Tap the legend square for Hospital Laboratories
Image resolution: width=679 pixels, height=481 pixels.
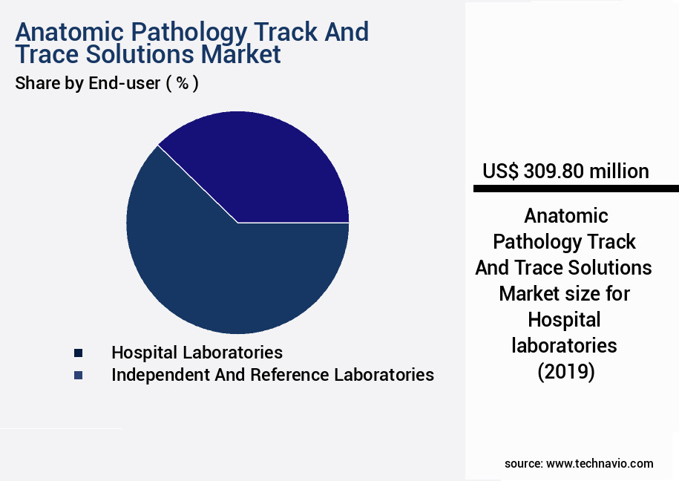tap(78, 353)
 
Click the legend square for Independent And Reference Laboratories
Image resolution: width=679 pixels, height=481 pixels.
tap(78, 376)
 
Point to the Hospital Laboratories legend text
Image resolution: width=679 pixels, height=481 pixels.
tap(197, 352)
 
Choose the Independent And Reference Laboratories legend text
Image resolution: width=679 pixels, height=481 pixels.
tap(272, 375)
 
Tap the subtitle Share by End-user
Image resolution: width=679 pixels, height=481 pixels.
tap(88, 83)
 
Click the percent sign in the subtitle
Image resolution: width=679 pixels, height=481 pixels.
tap(182, 83)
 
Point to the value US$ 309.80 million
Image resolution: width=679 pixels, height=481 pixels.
tap(565, 171)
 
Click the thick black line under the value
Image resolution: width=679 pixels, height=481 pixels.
tap(576, 189)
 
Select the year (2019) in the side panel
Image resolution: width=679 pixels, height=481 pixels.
tap(565, 371)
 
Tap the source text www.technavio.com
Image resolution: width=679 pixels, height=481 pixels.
tap(600, 463)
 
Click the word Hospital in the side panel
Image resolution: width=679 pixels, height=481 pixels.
tap(564, 319)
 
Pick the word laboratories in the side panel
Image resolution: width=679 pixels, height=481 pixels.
tap(565, 345)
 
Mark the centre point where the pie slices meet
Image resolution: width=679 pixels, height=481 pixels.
tap(237, 223)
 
